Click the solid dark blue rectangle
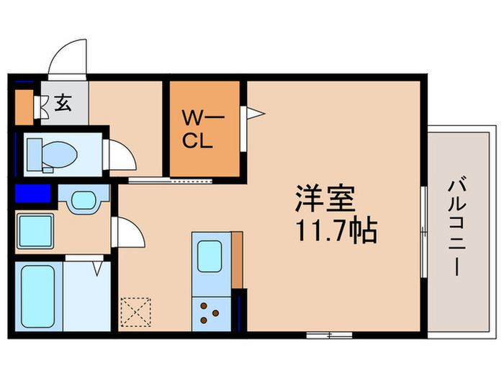click(x=32, y=194)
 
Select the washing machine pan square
click(x=34, y=230)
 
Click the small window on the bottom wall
click(x=328, y=334)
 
